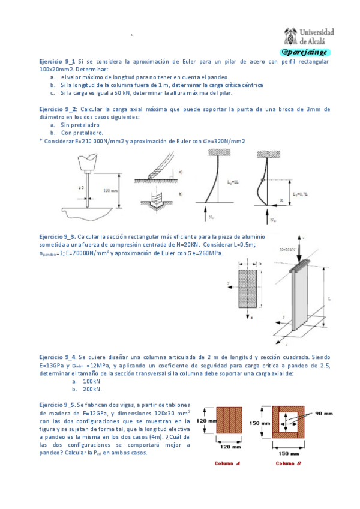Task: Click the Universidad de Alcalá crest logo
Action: pos(291,37)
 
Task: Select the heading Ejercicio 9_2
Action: pos(58,109)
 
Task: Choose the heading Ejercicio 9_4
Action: pos(58,357)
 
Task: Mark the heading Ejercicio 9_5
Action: pos(58,405)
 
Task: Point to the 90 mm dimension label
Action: pos(323,414)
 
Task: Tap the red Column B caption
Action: pos(288,463)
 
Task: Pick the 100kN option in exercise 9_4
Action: pos(91,381)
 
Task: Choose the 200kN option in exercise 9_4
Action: pos(91,389)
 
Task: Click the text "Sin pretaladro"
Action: pos(79,125)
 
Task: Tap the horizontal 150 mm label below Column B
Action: pos(289,454)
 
